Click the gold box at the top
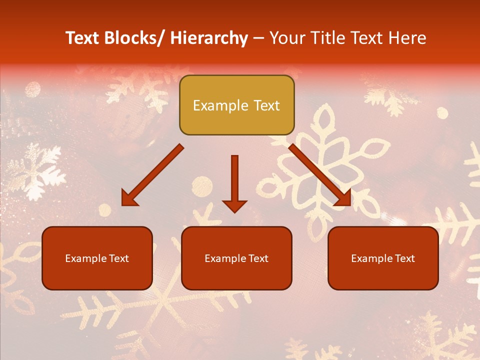(236, 105)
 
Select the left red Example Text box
(97, 258)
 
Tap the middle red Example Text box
(236, 258)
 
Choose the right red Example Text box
(383, 258)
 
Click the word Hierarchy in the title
(208, 38)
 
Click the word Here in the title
(408, 38)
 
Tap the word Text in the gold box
(266, 105)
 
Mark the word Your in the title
(286, 38)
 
